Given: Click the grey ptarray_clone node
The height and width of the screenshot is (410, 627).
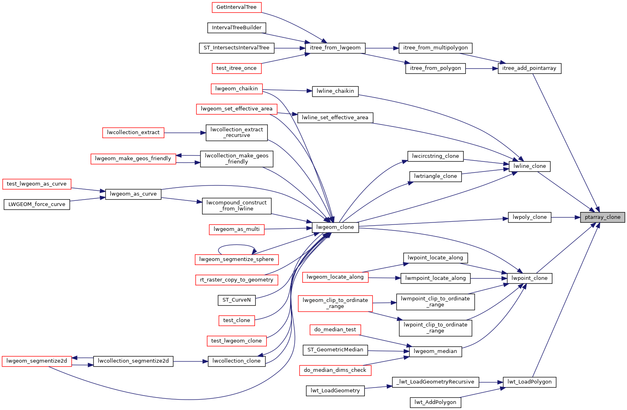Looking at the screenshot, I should pos(602,217).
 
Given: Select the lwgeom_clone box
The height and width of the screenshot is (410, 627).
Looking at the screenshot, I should pos(335,227).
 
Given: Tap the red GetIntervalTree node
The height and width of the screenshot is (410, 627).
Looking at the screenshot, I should pos(237,7).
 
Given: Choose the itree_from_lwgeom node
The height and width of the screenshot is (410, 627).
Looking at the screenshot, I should pos(335,48).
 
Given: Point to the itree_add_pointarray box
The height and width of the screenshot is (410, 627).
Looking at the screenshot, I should pos(529,68).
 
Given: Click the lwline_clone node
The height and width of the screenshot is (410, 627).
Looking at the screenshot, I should pos(529,166).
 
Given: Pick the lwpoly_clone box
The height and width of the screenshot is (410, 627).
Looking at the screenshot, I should pos(530,217).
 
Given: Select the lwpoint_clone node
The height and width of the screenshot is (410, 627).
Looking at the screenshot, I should pos(530,278).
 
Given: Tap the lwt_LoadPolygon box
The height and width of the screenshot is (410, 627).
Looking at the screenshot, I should pos(529,382).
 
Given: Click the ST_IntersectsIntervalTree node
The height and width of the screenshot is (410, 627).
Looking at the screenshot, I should pos(237,48).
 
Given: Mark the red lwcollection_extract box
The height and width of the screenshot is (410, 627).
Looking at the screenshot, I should pos(133,133).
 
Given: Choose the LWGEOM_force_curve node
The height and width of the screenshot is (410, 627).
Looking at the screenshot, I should pos(36,204).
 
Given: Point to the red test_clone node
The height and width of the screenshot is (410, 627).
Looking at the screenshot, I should pos(237,320).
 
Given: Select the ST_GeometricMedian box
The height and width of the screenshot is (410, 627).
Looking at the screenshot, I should pos(335,350).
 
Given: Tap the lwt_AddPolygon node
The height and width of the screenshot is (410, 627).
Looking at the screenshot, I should pos(435,402).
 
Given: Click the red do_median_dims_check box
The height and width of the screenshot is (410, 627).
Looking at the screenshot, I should pos(335,370).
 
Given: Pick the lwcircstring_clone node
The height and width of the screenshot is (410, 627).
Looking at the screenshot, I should pos(435,156).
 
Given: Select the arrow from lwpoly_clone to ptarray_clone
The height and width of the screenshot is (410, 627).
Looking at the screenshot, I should pos(566,217).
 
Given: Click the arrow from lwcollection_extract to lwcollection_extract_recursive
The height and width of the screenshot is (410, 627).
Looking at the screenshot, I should pos(185,133).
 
